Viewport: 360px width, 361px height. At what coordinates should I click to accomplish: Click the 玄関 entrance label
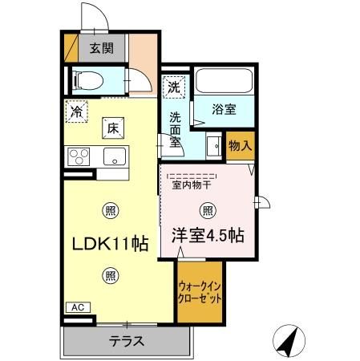(x=101, y=47)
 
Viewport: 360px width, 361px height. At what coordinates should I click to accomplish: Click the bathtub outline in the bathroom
(x=224, y=82)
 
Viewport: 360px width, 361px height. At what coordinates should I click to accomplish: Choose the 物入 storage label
(x=240, y=145)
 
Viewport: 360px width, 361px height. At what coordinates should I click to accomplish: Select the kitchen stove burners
(x=79, y=154)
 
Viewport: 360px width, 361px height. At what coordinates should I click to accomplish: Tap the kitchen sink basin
(x=114, y=154)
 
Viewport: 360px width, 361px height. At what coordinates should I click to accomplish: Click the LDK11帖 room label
(x=109, y=243)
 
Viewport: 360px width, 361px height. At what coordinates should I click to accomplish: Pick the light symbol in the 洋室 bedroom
(x=207, y=211)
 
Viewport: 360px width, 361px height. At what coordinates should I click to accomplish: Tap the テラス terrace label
(x=127, y=341)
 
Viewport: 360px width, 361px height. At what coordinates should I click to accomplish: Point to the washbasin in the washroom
(x=213, y=147)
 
